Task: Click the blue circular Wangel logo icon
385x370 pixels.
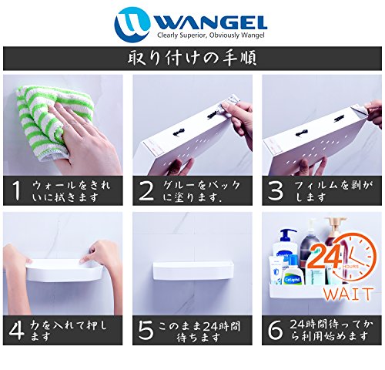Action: pos(132,24)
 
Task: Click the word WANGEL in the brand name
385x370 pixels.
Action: pos(210,23)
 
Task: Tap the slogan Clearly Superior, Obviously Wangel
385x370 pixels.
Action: pos(211,35)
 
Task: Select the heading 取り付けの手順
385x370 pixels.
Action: pos(192,59)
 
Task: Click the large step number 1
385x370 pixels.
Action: pos(16,190)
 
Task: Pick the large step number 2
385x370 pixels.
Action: pos(146,190)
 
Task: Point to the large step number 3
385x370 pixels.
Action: pos(276,190)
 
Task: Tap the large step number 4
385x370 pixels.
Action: pos(17,330)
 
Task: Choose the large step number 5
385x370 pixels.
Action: pos(146,330)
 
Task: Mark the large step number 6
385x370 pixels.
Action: pos(275,330)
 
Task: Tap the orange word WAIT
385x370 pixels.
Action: pos(348,294)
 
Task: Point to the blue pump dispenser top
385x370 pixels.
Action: pos(287,234)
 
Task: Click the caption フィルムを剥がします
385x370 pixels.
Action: pos(333,191)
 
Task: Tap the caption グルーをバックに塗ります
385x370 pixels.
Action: pos(202,191)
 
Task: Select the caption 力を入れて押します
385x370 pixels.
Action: pos(68,331)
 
